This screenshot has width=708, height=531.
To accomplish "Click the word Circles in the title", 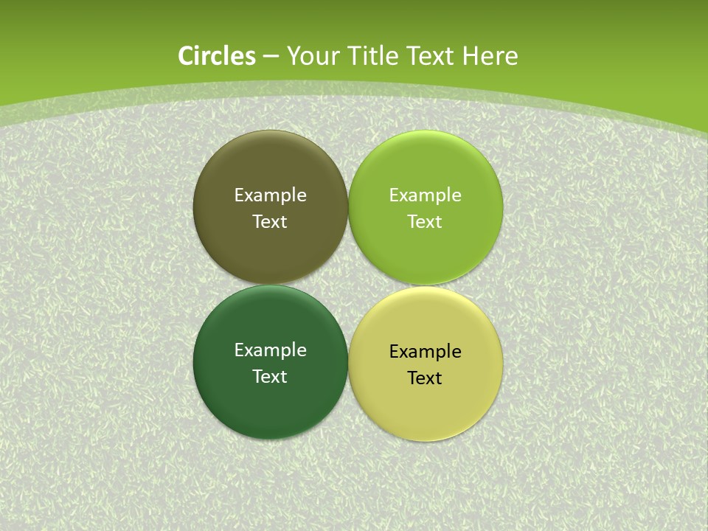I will pyautogui.click(x=217, y=56).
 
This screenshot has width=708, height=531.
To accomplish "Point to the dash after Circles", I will pyautogui.click(x=271, y=57).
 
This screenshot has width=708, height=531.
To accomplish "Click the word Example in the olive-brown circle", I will pyautogui.click(x=270, y=195).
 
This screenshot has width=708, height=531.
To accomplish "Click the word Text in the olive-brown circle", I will pyautogui.click(x=270, y=222).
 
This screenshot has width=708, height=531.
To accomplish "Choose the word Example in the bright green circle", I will pyautogui.click(x=425, y=195).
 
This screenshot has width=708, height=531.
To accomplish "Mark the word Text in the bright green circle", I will pyautogui.click(x=425, y=222).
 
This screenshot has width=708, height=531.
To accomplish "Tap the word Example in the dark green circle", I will pyautogui.click(x=270, y=350).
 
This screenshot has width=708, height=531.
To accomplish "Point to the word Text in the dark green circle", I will pyautogui.click(x=270, y=377).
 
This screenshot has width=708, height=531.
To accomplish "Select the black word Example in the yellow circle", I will pyautogui.click(x=425, y=352).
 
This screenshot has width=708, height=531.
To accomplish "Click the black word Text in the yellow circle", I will pyautogui.click(x=425, y=378).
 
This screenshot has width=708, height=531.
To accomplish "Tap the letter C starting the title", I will pyautogui.click(x=186, y=56).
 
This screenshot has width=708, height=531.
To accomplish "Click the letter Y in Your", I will pyautogui.click(x=293, y=56).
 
